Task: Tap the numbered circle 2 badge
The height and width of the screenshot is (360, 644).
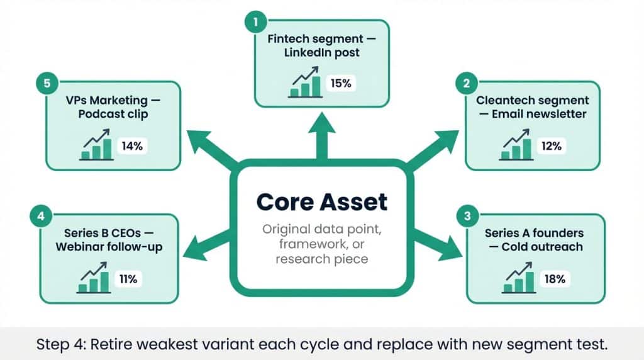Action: click(x=466, y=82)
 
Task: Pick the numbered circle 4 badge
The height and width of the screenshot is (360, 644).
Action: click(x=40, y=217)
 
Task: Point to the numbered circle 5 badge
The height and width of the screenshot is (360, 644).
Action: click(x=47, y=83)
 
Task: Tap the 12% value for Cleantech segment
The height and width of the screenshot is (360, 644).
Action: click(x=552, y=146)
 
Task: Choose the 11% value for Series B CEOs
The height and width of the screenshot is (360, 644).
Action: click(x=128, y=279)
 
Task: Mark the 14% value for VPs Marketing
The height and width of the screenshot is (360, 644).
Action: click(x=132, y=146)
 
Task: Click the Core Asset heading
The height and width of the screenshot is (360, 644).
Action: click(x=322, y=202)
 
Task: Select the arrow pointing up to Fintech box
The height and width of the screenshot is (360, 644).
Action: click(x=322, y=135)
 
